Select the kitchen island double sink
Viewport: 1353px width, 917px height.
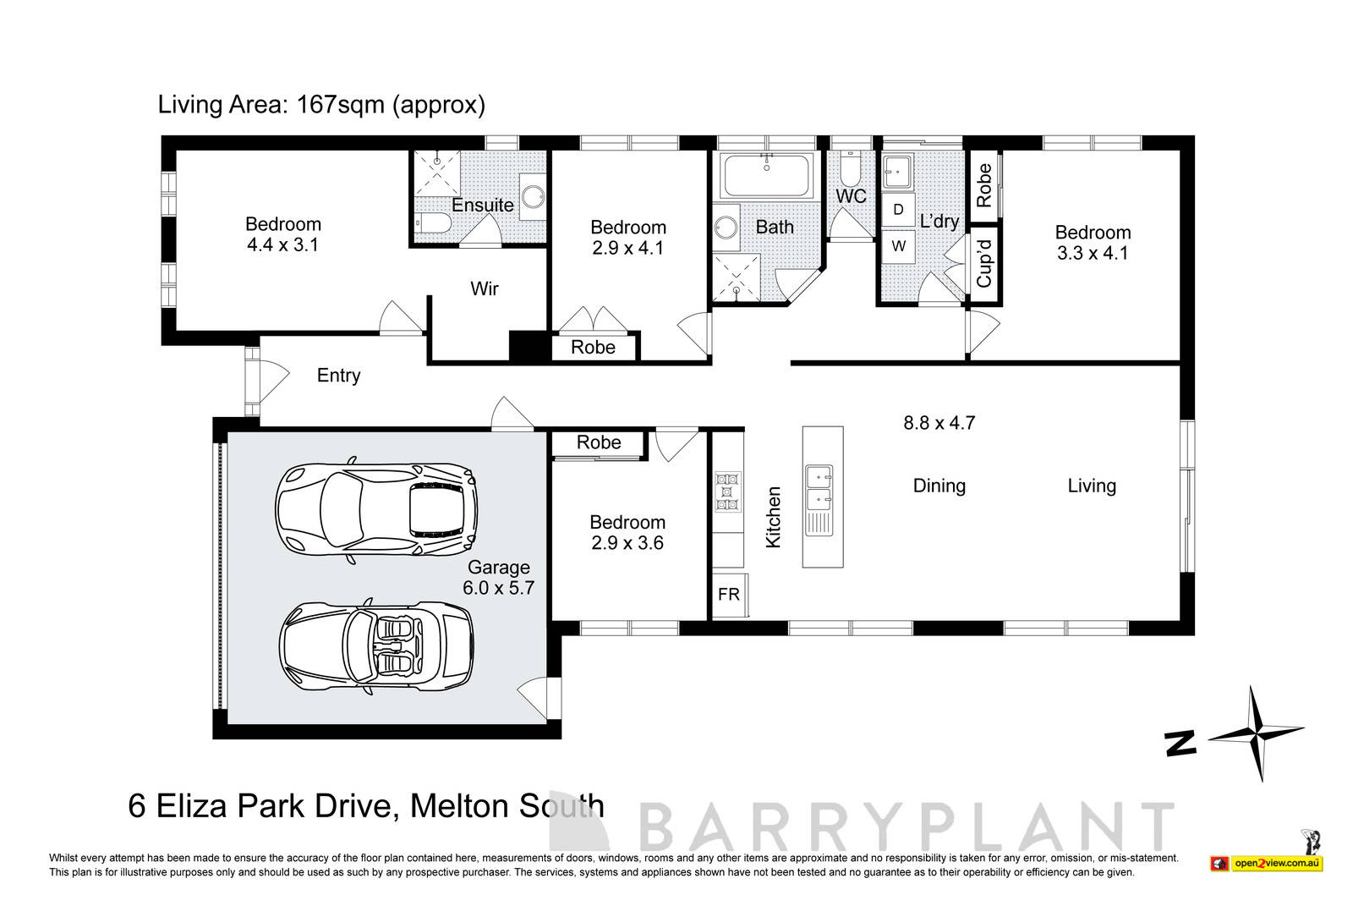[818, 499]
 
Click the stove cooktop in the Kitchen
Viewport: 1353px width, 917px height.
[727, 491]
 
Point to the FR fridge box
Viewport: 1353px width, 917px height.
[728, 595]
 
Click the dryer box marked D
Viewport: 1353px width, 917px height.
[898, 209]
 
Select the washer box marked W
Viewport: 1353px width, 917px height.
[898, 246]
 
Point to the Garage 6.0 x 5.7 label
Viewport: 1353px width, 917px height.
[498, 578]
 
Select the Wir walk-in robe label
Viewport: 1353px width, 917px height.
[485, 288]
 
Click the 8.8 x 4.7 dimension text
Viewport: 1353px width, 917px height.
[939, 422]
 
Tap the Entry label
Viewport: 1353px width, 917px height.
[338, 375]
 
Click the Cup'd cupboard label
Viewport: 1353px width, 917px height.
[983, 263]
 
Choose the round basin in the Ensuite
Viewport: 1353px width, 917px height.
[533, 197]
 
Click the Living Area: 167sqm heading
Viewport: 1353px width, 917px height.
[321, 105]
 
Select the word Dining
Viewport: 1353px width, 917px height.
[939, 486]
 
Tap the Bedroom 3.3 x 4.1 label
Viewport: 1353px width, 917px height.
[1093, 242]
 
